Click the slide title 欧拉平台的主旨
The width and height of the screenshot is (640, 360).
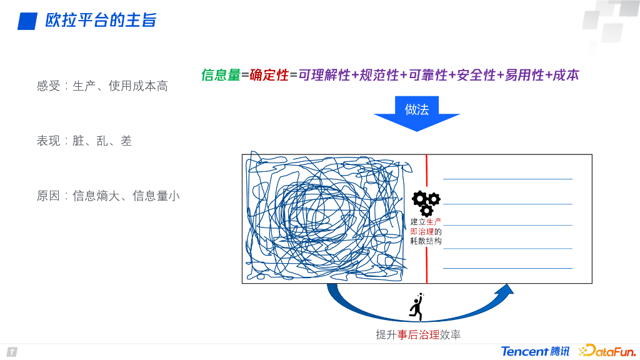[101, 21]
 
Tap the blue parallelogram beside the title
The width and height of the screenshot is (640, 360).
[27, 21]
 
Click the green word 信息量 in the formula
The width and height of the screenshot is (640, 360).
[221, 75]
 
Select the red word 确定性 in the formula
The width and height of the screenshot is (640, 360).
[269, 75]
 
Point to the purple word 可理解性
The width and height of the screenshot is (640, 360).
[324, 75]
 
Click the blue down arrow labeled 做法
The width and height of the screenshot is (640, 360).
[417, 113]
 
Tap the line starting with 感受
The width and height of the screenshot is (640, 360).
[102, 86]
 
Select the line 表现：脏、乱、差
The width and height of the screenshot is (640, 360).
[84, 141]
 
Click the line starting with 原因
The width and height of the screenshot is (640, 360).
[107, 196]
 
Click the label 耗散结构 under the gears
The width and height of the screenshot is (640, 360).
[426, 241]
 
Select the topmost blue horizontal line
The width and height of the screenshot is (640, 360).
[507, 179]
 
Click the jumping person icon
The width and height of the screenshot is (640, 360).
[416, 306]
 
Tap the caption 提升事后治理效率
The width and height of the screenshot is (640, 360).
[418, 335]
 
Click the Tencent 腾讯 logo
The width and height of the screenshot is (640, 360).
[535, 351]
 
